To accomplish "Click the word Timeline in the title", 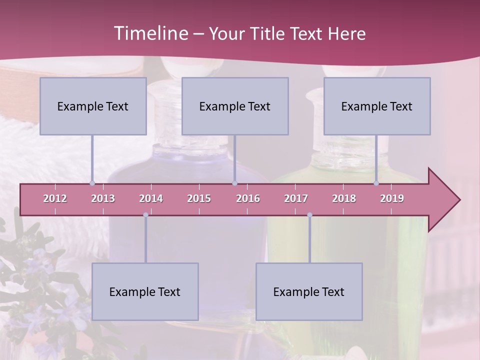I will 150,33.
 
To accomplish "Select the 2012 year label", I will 55,198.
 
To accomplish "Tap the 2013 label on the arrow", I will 103,198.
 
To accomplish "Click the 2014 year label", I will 151,198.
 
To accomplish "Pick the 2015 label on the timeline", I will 199,198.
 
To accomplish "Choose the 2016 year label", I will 248,198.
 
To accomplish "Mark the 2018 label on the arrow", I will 344,198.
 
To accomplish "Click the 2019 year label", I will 392,198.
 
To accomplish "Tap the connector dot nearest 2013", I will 92,183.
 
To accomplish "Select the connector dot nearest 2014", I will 145,215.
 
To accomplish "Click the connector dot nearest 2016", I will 234,183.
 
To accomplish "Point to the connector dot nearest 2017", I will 309,215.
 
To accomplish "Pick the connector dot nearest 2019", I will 376,183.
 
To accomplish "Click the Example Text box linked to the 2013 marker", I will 93,106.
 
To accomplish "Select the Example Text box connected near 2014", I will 145,291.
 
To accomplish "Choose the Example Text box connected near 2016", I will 235,106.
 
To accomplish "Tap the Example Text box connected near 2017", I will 309,291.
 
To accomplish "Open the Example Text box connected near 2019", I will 377,106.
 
